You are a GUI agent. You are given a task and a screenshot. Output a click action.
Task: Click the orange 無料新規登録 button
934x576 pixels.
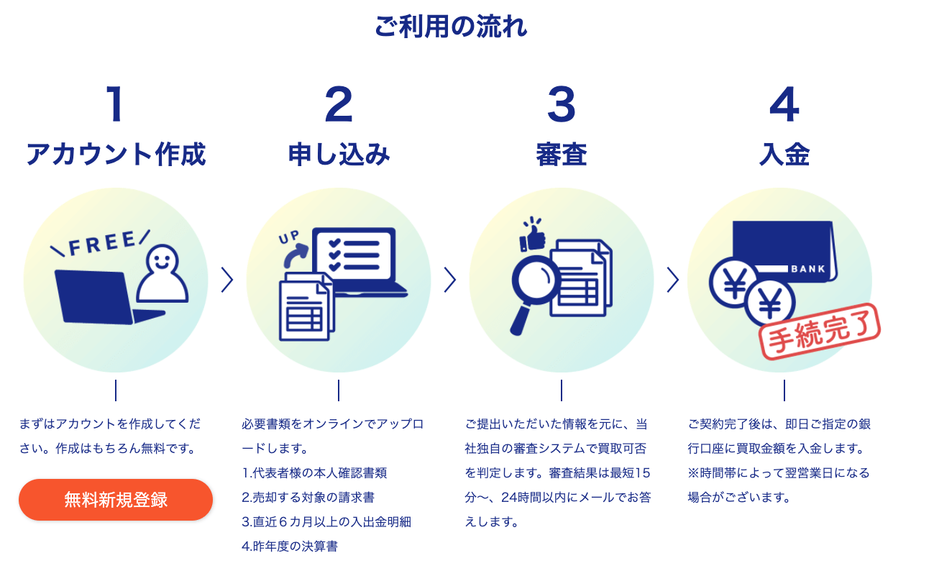click(x=116, y=500)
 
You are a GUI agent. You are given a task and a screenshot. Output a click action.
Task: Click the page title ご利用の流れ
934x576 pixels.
click(x=451, y=27)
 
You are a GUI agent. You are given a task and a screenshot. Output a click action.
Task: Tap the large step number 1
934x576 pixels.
click(x=115, y=104)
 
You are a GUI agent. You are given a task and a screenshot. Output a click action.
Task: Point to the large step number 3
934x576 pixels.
click(x=562, y=104)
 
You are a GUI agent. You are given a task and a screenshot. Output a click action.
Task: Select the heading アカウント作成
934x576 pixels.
click(x=116, y=155)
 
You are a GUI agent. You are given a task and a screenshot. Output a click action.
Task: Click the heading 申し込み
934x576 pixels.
click(x=339, y=155)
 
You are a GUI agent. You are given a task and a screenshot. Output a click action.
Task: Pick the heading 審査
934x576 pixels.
click(x=562, y=155)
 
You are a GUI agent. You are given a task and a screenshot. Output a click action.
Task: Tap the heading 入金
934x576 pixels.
click(x=784, y=155)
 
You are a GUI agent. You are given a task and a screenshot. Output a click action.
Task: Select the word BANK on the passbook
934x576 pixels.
click(x=807, y=270)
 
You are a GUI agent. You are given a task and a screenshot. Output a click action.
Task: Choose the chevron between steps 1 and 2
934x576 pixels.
click(x=227, y=280)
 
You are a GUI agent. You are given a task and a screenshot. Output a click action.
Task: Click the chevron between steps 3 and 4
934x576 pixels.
click(x=673, y=280)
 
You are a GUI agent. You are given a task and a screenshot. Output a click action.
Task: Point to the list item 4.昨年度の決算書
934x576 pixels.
click(x=290, y=547)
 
